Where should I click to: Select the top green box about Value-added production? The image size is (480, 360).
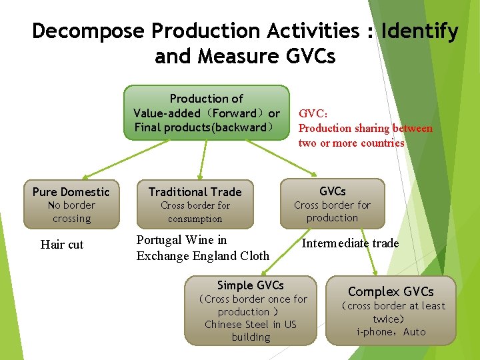(206, 112)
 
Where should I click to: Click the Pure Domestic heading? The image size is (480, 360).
(71, 192)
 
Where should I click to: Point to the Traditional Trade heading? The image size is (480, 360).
(195, 192)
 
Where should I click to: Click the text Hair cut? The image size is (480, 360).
(62, 245)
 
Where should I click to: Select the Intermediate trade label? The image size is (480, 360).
(350, 243)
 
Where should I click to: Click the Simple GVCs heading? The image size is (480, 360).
(250, 285)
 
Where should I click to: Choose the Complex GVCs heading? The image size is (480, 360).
(391, 291)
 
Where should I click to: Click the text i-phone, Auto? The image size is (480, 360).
(391, 332)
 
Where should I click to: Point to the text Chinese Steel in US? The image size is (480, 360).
(250, 325)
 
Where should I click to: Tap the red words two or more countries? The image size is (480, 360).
(351, 143)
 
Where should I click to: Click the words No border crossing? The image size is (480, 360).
(71, 212)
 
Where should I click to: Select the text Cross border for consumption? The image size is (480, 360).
(195, 212)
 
